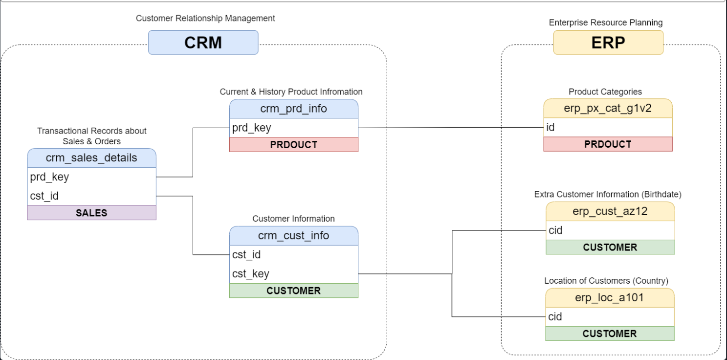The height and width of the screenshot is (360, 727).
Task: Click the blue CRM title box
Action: click(203, 43)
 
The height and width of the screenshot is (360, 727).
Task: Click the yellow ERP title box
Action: click(608, 43)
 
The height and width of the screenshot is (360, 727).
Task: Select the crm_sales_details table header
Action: click(91, 158)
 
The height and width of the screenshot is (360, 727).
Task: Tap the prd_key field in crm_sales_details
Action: click(91, 177)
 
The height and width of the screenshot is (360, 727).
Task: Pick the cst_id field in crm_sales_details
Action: click(91, 196)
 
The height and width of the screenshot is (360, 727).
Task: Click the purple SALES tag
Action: click(91, 213)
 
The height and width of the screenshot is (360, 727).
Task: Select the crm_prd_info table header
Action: click(294, 109)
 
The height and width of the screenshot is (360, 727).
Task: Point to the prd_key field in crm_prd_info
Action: click(294, 128)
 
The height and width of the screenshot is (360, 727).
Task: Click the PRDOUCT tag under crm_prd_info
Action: click(294, 144)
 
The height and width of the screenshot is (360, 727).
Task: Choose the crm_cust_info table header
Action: click(294, 236)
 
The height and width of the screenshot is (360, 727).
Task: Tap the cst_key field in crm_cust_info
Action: click(294, 274)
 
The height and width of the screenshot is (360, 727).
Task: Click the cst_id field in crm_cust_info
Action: click(294, 255)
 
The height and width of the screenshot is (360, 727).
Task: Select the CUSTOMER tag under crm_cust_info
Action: click(294, 291)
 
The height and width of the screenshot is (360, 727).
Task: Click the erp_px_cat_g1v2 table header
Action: click(608, 108)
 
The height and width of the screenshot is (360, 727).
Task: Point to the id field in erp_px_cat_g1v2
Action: click(608, 127)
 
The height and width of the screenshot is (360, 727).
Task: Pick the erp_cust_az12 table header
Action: click(610, 211)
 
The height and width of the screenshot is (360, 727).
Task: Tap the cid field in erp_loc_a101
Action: click(610, 317)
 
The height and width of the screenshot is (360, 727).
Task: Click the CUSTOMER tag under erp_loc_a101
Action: click(610, 334)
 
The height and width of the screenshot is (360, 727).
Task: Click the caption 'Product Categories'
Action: click(605, 92)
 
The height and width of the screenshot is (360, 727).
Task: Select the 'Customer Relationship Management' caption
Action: click(205, 19)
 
